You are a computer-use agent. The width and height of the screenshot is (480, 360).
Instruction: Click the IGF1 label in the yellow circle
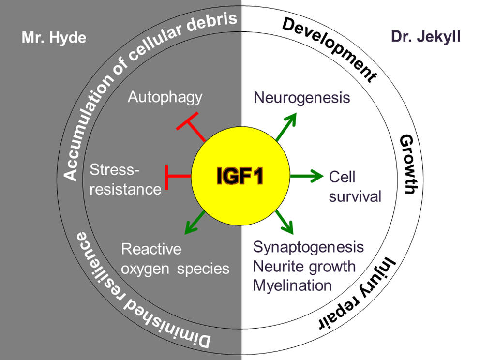coord(240,177)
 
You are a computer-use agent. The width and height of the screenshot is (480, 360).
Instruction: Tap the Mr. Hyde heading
coord(54,38)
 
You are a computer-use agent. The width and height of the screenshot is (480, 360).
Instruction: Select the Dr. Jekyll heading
coord(425,37)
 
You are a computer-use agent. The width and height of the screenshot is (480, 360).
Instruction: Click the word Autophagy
coord(165,97)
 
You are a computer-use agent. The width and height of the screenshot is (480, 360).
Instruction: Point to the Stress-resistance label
coord(125,180)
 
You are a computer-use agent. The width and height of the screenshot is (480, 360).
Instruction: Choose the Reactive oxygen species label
coord(175,258)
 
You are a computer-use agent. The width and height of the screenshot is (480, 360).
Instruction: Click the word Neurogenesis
coord(301,98)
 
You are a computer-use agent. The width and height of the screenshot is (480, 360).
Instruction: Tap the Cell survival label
coord(355,186)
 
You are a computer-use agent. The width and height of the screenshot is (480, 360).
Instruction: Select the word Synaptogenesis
coord(308,247)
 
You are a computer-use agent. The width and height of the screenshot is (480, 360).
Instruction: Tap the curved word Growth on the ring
coord(407,165)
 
